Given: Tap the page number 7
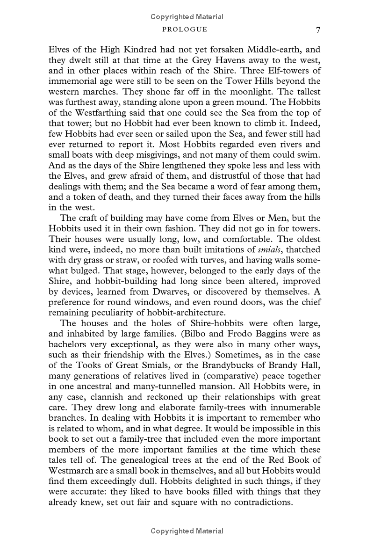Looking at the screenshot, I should [x=318, y=30].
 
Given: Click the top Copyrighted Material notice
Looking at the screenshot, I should [x=187, y=17].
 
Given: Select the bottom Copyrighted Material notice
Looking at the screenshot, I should [x=187, y=531].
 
